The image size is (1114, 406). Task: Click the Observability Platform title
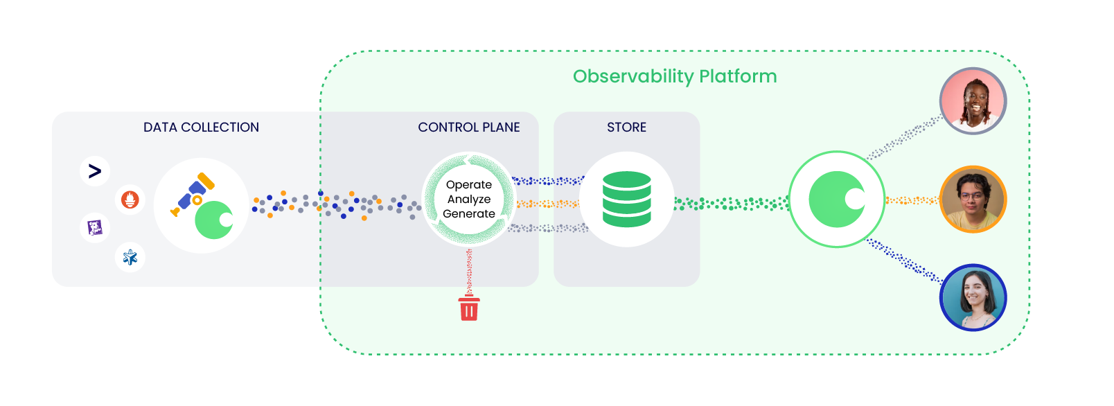tap(674, 76)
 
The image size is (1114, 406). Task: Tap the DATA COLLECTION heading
tap(201, 127)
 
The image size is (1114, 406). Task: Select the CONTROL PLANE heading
tap(468, 127)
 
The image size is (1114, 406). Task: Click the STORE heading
tap(626, 127)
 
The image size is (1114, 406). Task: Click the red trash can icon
tap(469, 308)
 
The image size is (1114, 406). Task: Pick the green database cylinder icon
tap(626, 200)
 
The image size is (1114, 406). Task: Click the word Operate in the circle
tap(469, 185)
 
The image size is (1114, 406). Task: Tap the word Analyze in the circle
tap(469, 200)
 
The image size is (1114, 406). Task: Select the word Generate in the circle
tap(469, 214)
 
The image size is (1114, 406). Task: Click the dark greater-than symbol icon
tap(95, 171)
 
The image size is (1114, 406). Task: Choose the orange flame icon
tap(130, 200)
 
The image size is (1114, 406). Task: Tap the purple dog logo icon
tap(95, 227)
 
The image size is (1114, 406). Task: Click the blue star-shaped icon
tap(130, 258)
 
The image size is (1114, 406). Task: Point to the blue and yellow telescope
tap(193, 194)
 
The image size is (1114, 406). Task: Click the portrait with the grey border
tap(973, 101)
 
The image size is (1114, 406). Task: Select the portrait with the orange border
tap(973, 200)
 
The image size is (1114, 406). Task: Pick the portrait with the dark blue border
tap(973, 297)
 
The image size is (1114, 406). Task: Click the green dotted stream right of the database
tap(731, 204)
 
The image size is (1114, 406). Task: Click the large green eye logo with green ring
tap(837, 200)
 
